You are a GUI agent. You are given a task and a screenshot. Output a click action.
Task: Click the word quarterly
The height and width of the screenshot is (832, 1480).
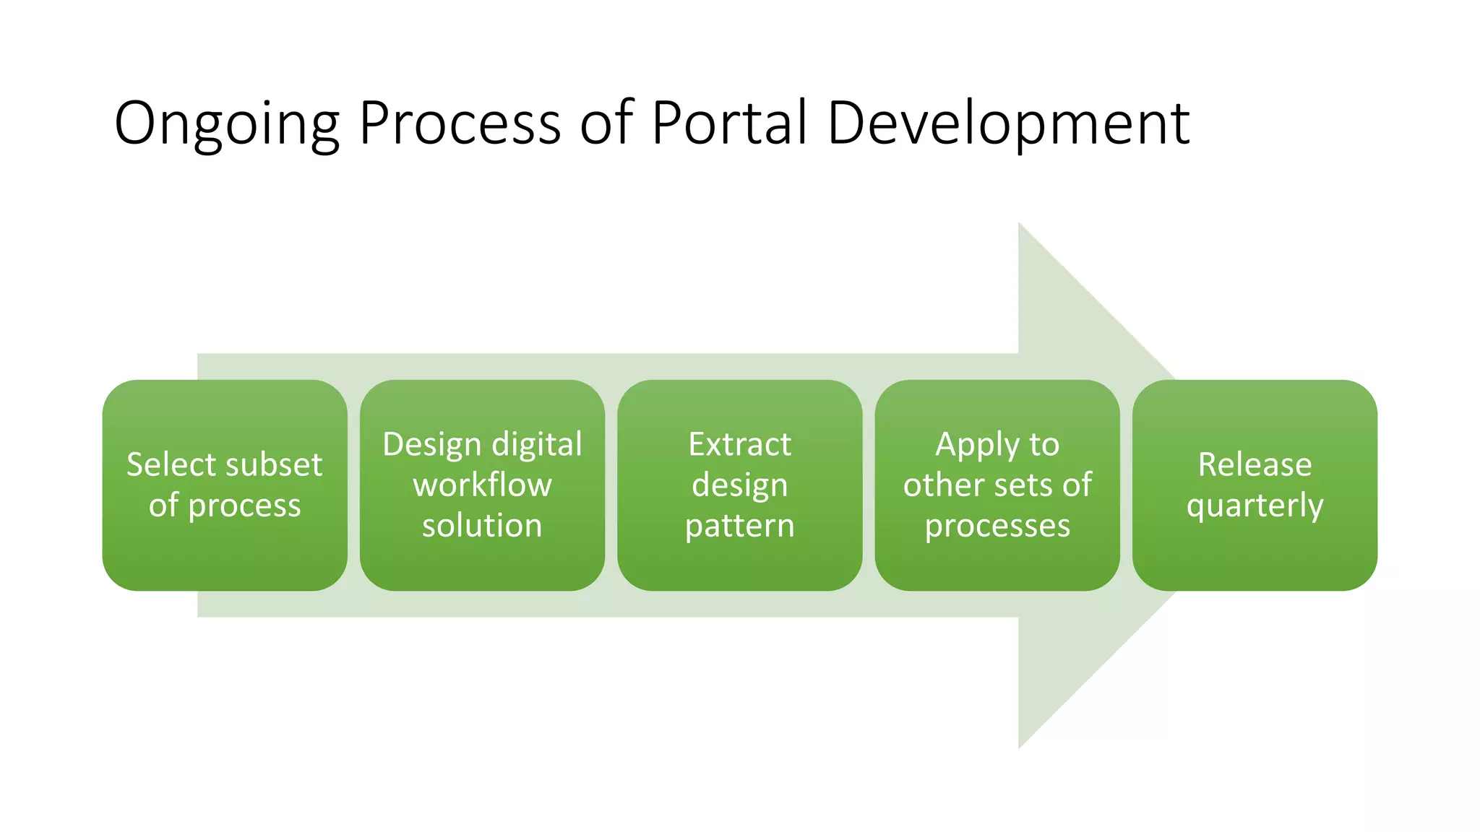click(x=1255, y=506)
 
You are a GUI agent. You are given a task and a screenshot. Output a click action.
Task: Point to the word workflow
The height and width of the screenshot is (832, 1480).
click(x=482, y=485)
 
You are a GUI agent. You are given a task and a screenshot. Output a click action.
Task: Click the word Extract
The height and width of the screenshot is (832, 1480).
click(x=739, y=444)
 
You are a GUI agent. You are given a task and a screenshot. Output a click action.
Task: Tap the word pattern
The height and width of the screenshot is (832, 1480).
click(x=739, y=526)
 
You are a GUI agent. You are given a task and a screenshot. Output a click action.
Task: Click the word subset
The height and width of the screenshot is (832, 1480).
click(x=276, y=464)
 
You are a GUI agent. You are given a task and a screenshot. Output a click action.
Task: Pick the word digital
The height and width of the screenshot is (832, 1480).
click(x=537, y=445)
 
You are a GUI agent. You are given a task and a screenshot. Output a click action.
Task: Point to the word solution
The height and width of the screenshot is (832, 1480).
click(x=482, y=525)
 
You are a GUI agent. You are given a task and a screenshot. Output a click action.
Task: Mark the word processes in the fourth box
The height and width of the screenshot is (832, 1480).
click(x=997, y=526)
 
